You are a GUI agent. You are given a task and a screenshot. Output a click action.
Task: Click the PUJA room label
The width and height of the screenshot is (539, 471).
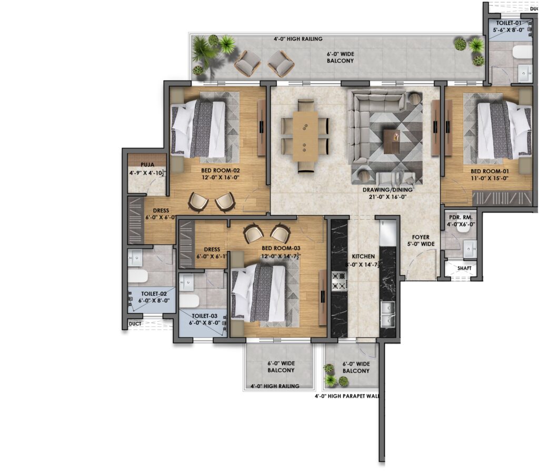pos(147,165)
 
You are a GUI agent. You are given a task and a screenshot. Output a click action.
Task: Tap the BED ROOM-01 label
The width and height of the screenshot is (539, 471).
pos(490,171)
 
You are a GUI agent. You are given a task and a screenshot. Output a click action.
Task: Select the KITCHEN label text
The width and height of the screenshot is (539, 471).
pos(363,256)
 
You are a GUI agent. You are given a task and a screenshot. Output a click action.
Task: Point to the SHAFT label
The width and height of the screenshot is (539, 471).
pos(464,268)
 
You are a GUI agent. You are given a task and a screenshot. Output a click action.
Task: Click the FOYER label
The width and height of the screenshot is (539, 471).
pos(421,237)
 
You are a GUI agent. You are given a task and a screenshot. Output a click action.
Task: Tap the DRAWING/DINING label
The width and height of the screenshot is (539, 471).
pos(387,190)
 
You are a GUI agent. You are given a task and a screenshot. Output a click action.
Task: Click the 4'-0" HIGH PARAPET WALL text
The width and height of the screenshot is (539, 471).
pos(347,396)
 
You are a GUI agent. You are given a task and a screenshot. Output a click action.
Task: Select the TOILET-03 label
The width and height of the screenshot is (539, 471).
pos(205,316)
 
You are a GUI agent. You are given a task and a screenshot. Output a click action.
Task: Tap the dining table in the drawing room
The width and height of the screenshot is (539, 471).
pos(305,137)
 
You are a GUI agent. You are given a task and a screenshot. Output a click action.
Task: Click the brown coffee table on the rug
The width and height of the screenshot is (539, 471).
pos(392,141)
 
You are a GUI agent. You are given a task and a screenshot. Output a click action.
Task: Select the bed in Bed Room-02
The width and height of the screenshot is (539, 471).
pos(198,129)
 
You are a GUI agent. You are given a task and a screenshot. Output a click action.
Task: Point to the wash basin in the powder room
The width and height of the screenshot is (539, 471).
pos(470,249)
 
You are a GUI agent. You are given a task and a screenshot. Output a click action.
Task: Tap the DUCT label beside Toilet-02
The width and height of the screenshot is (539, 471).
pos(135,324)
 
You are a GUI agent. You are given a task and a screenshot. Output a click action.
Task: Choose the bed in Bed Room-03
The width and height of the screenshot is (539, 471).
pos(258,293)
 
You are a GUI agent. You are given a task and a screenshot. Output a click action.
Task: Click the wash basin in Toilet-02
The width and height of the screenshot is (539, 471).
pos(135,258)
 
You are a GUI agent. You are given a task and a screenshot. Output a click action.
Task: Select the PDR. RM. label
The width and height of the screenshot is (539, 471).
pos(461,217)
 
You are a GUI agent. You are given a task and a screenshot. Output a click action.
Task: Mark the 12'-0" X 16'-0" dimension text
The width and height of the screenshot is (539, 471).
pos(221,178)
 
